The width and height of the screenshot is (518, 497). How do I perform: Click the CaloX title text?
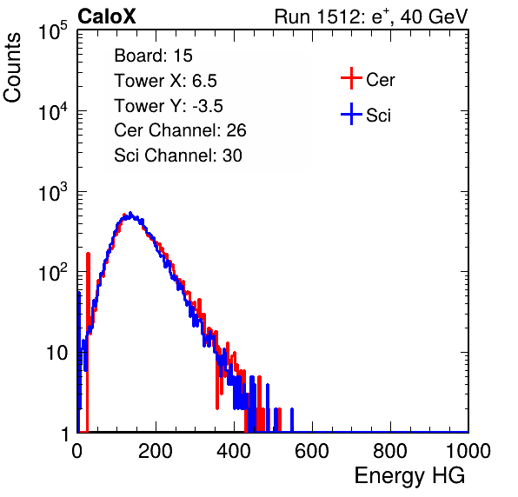point(107,17)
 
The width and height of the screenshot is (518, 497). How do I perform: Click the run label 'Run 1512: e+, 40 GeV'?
point(371,17)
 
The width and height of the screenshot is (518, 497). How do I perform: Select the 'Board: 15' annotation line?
point(153,56)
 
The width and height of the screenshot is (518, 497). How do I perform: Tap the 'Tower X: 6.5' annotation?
point(165,81)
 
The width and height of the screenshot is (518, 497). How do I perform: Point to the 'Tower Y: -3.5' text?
point(169,106)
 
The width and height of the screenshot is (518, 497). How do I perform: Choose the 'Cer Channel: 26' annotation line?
point(180,130)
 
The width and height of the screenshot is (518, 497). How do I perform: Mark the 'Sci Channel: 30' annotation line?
point(178,156)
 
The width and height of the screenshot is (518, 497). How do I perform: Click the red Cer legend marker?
point(351,78)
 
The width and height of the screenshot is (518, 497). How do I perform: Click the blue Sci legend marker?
point(351,114)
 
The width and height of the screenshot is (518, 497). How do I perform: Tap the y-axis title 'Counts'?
point(12,68)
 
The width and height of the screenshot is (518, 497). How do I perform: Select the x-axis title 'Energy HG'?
point(409,475)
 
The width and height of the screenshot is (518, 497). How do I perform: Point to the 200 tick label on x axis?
point(156,451)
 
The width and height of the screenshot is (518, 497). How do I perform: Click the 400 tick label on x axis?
point(234,451)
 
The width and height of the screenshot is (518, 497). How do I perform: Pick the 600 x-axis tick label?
point(312,451)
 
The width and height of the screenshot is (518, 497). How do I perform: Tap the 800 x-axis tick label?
point(390,451)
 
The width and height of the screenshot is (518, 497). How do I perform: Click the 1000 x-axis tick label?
point(468,451)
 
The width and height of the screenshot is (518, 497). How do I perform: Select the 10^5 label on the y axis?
point(53,31)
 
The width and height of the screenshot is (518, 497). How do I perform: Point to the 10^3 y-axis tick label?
point(53,192)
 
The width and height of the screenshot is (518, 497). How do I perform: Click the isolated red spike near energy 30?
point(88,342)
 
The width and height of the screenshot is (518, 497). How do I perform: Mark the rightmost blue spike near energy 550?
point(292,420)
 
